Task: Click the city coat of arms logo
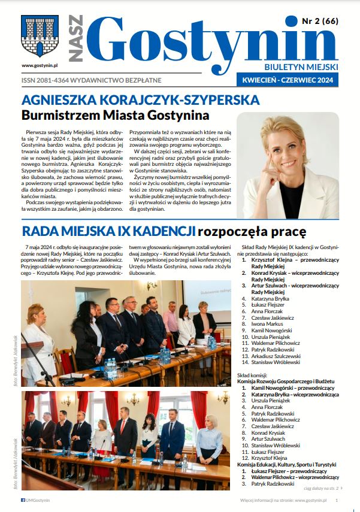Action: tap(31, 37)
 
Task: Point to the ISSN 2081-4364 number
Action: tap(48, 80)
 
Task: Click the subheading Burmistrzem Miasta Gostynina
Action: tap(115, 115)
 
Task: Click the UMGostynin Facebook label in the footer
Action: tap(36, 499)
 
